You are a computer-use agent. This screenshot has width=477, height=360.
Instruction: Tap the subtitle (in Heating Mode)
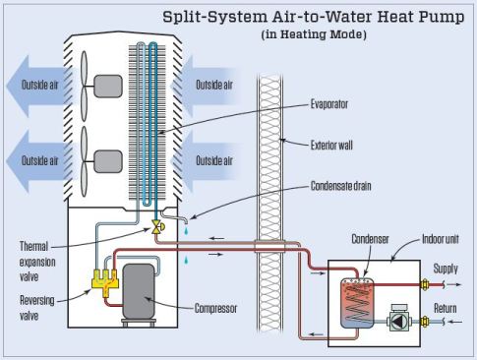[x=315, y=34]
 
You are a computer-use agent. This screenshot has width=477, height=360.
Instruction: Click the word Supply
[x=447, y=268]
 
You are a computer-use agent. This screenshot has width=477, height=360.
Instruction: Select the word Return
[x=447, y=308]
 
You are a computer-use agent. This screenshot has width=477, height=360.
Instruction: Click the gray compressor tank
[x=140, y=290]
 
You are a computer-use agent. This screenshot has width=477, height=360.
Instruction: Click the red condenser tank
[x=353, y=305]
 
